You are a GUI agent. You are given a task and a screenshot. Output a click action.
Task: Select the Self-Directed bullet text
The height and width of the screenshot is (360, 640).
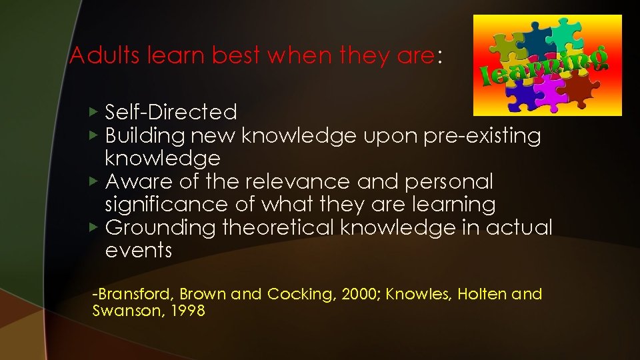tap(171, 112)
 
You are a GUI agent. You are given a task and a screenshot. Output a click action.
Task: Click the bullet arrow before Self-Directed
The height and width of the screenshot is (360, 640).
tap(94, 111)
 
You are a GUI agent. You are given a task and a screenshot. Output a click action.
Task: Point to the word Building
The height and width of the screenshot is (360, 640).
tap(145, 135)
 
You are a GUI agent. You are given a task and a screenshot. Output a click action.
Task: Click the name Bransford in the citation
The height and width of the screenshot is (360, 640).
tap(134, 294)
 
